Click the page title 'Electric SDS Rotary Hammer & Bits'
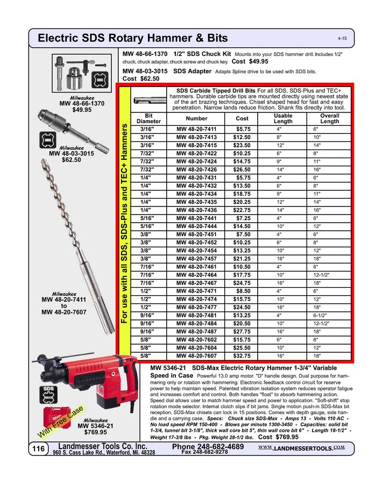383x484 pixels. coord(133,38)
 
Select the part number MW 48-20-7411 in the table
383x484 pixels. coord(196,130)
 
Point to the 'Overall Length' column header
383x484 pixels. coord(330,118)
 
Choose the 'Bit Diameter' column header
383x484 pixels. coord(149,118)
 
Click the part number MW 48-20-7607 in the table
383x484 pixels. coord(196,355)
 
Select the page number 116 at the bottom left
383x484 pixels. coord(38,449)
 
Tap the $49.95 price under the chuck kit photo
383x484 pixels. coord(82,110)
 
